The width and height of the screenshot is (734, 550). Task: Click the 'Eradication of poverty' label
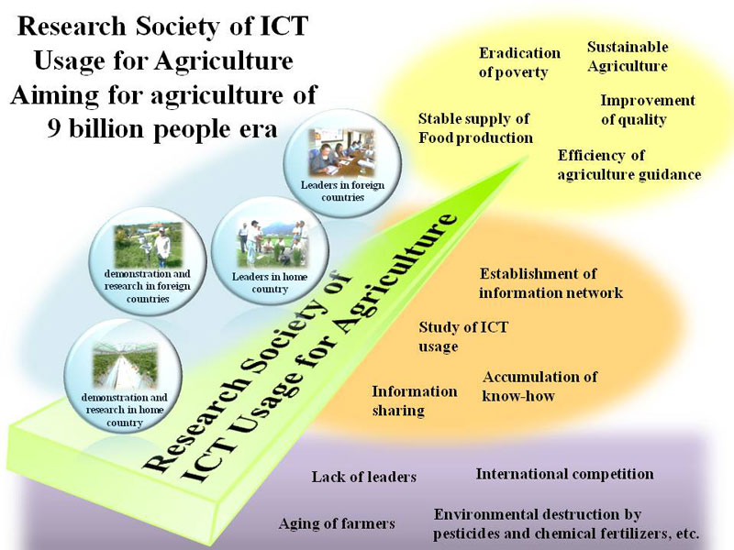click(519, 62)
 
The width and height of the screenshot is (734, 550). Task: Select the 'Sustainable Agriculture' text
click(628, 56)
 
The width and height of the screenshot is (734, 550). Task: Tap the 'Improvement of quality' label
click(648, 109)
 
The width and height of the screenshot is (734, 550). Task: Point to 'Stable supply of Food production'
click(475, 128)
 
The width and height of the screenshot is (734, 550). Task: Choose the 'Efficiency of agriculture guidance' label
click(629, 165)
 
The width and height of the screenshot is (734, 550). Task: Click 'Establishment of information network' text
click(550, 283)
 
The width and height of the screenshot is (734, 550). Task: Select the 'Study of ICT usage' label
click(463, 336)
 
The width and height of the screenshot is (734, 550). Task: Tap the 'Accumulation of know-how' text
click(539, 386)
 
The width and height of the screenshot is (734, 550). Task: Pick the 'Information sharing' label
click(415, 401)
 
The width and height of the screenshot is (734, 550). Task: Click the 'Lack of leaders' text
click(363, 477)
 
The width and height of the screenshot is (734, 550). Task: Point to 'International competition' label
click(564, 474)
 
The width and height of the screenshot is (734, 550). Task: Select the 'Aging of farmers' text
click(337, 522)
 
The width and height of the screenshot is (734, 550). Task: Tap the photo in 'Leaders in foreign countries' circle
click(342, 152)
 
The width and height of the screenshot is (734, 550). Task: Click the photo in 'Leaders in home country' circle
click(271, 244)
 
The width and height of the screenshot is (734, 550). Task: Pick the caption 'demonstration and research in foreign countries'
click(148, 286)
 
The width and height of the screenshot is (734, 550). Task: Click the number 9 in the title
click(54, 127)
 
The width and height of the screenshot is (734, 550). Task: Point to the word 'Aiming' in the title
click(54, 96)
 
